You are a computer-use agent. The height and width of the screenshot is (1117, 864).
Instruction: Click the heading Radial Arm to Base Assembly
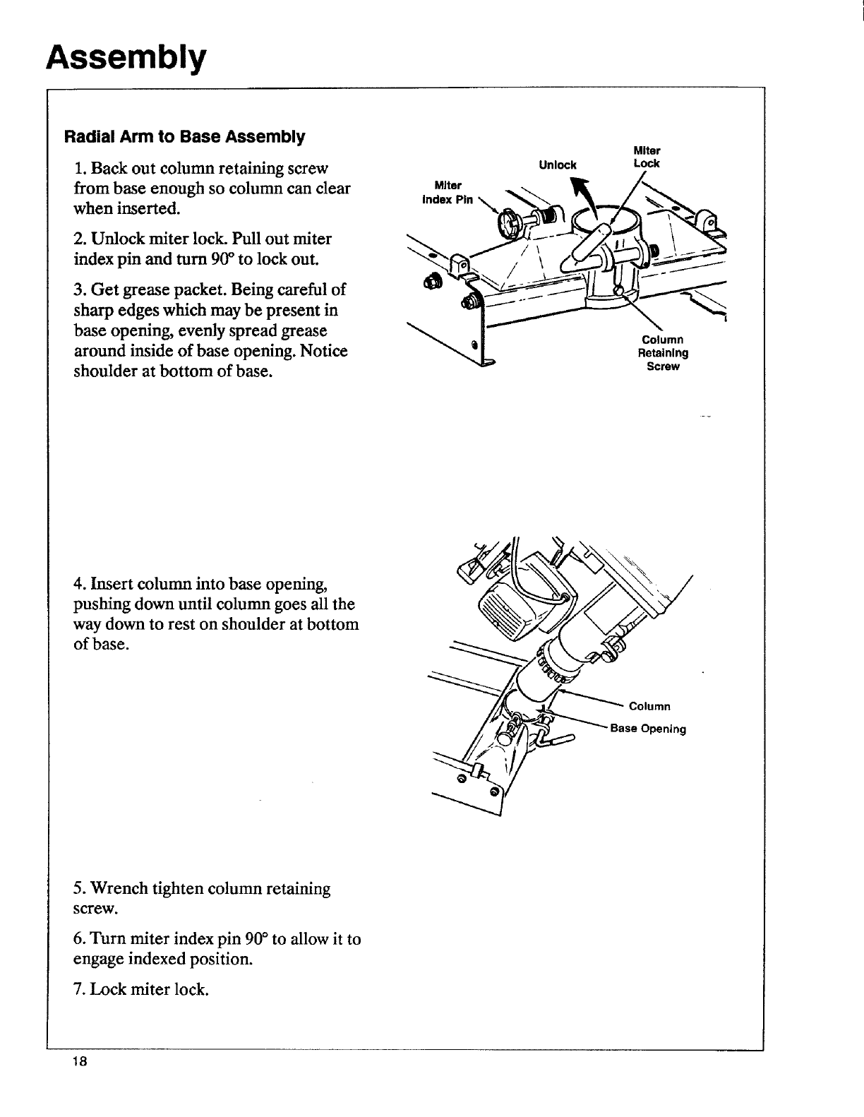pos(184,136)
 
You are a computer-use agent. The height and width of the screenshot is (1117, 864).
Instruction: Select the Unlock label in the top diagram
pos(557,165)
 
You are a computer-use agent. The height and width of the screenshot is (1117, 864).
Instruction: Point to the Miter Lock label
pos(646,157)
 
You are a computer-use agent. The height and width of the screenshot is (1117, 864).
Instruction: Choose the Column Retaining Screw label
pos(663,353)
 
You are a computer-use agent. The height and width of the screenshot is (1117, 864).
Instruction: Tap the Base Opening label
pos(648,729)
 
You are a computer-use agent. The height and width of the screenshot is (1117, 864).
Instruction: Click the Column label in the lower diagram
pos(649,706)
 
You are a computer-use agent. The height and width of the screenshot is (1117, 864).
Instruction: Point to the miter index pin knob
pos(508,224)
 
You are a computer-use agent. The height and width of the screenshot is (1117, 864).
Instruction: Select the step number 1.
pos(78,169)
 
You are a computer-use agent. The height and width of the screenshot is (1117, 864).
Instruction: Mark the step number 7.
pos(78,989)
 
